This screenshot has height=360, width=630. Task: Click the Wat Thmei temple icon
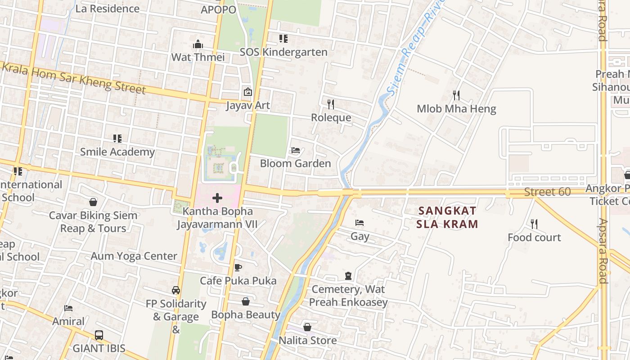click(198, 44)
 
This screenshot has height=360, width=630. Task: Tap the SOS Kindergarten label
click(283, 52)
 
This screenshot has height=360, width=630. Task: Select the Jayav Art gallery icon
click(247, 92)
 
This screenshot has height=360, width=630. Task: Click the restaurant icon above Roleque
click(331, 104)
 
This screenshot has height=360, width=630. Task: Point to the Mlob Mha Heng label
click(456, 108)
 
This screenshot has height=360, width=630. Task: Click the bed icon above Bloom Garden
click(296, 150)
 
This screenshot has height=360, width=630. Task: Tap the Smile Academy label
click(117, 152)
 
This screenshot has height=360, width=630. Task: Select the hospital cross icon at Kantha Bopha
click(217, 198)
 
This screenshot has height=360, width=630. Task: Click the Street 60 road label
click(547, 192)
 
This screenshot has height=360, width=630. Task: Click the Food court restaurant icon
click(534, 224)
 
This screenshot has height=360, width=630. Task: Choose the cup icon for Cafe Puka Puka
click(238, 268)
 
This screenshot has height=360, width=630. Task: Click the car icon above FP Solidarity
click(176, 290)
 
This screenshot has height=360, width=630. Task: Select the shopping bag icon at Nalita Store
click(307, 327)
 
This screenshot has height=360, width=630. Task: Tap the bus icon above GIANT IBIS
click(99, 335)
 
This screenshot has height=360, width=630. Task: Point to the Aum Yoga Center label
click(134, 256)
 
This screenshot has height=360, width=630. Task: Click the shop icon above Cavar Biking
click(93, 202)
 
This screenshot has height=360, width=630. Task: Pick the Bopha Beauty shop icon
click(246, 301)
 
